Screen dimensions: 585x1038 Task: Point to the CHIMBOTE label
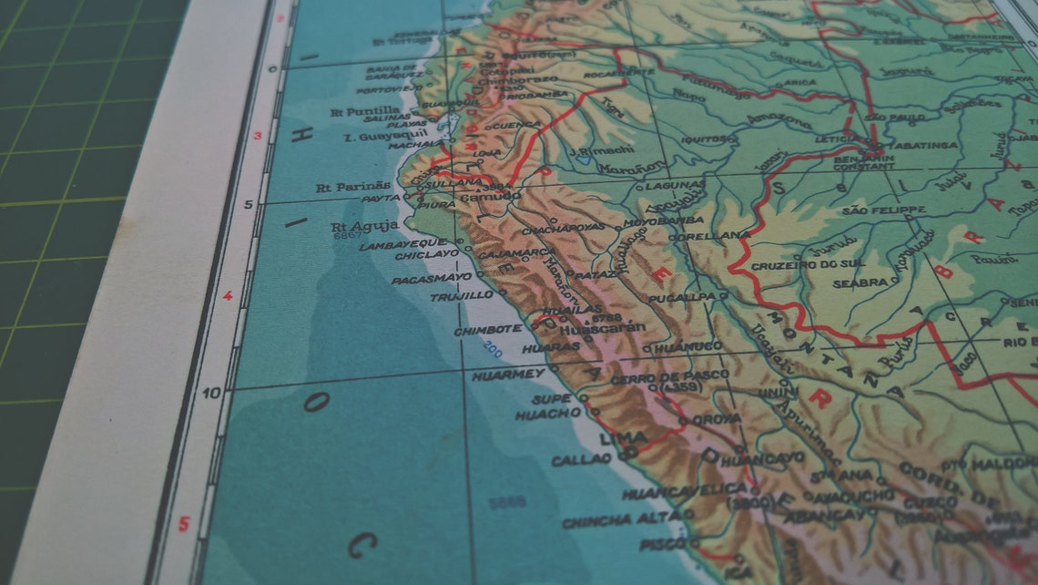tap(488, 329)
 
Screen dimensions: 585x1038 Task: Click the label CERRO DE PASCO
tap(669, 377)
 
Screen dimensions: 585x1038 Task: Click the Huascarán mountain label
tap(602, 328)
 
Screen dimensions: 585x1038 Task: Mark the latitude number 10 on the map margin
tap(210, 393)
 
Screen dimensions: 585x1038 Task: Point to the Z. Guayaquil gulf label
tap(379, 137)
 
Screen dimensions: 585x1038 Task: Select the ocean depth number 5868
tap(506, 500)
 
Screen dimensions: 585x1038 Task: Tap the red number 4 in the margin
tap(228, 295)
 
